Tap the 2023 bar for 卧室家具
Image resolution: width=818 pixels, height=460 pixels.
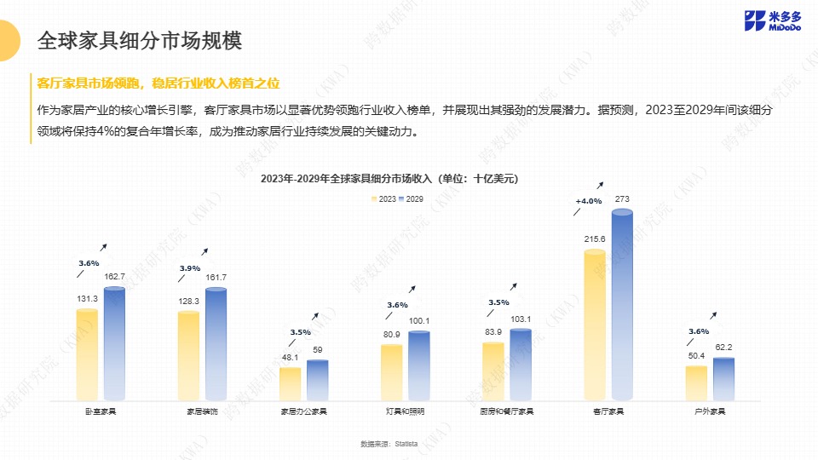[x=87, y=354]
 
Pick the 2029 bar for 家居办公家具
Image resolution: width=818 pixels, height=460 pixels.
[x=318, y=380]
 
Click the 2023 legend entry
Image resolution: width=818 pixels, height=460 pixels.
[x=383, y=198]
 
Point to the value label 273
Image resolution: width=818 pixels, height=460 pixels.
[x=622, y=199]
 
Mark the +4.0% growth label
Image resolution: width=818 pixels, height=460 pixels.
[x=588, y=201]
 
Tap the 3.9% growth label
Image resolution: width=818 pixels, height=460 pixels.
[x=190, y=268]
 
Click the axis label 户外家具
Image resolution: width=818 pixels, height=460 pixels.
[x=710, y=411]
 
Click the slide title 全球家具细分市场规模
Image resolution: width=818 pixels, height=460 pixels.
[x=140, y=40]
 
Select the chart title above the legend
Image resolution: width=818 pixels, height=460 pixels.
[x=389, y=179]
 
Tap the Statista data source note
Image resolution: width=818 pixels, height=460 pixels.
[x=389, y=444]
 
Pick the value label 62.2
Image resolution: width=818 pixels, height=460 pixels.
[x=723, y=348]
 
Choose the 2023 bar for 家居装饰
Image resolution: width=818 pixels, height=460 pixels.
[x=188, y=356]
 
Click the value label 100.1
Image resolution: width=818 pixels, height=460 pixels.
[x=419, y=321]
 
